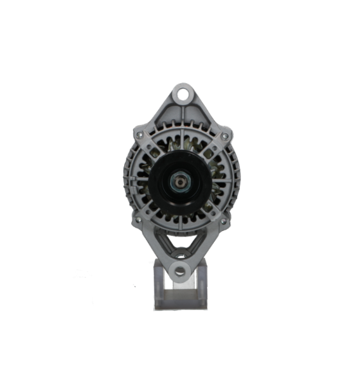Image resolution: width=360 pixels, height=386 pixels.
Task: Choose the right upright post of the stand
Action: [204, 283]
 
